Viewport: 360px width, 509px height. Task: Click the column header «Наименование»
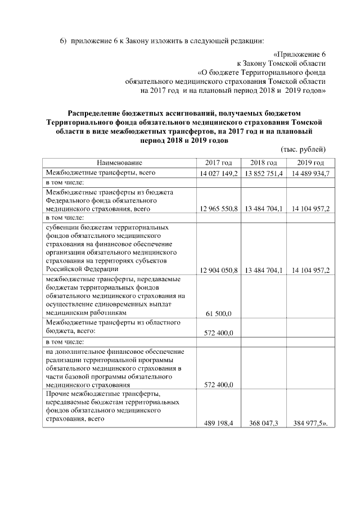pyautogui.click(x=119, y=163)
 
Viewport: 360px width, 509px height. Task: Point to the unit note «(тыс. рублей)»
pyautogui.click(x=303, y=149)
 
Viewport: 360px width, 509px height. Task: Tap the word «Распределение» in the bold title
pyautogui.click(x=93, y=114)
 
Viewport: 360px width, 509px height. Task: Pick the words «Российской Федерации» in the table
pyautogui.click(x=79, y=268)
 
